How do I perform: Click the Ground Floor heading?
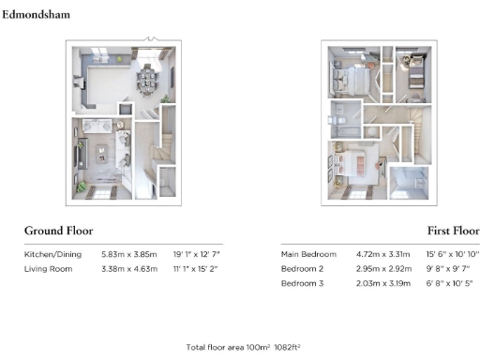click(x=58, y=231)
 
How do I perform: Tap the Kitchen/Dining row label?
click(x=53, y=254)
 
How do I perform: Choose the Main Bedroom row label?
click(x=308, y=254)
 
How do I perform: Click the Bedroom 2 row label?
click(x=303, y=269)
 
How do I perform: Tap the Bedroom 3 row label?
click(x=303, y=284)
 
